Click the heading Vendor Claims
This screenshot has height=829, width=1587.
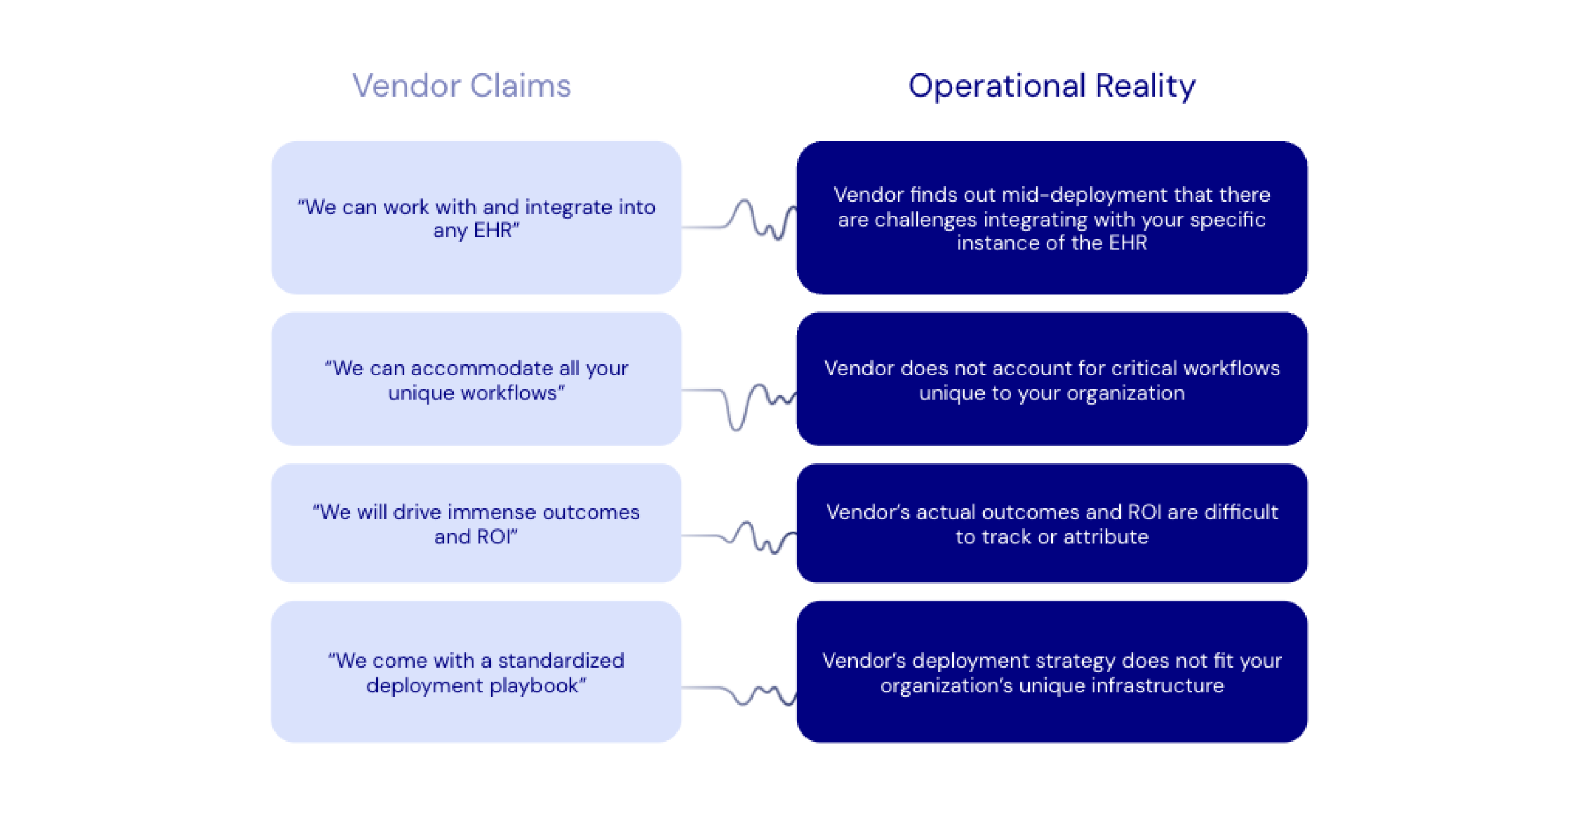click(x=461, y=86)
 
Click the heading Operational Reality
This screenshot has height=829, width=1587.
click(x=1051, y=86)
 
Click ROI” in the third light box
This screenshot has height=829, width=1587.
click(x=497, y=537)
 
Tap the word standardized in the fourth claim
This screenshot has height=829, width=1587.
click(x=561, y=661)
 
